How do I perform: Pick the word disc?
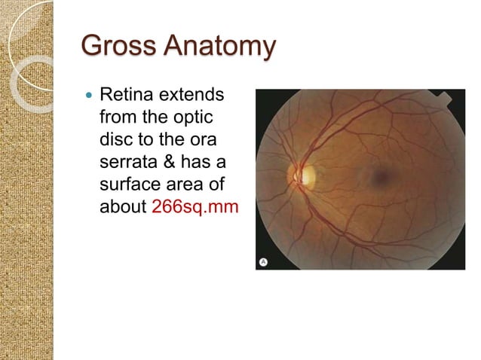pos(115,141)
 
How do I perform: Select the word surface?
pos(127,185)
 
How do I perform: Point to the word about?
pos(122,206)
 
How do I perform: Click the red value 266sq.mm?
pos(195,206)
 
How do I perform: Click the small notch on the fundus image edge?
pos(445,97)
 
